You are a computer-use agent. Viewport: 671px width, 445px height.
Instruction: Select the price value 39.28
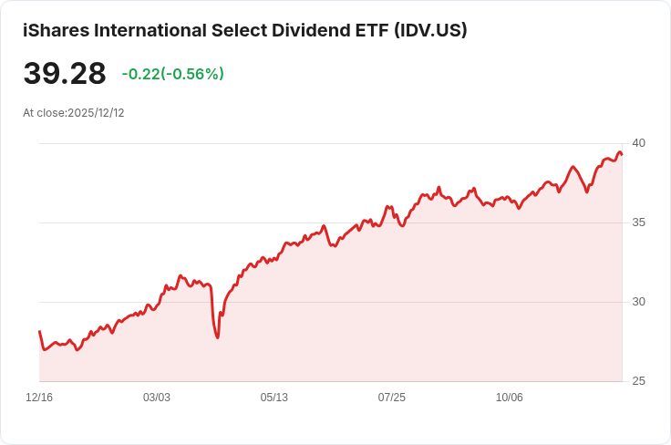click(x=65, y=74)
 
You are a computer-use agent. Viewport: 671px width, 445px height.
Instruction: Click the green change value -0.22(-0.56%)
click(x=173, y=74)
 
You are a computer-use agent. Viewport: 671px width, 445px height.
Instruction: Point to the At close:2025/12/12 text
click(x=74, y=113)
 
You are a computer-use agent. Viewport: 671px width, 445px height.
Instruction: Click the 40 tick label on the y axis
click(x=638, y=143)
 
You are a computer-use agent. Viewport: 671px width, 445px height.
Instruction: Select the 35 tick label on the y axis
click(x=638, y=222)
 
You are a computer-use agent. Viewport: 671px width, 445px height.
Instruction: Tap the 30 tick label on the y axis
click(x=638, y=302)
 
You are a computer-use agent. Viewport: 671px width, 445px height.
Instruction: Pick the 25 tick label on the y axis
click(x=638, y=381)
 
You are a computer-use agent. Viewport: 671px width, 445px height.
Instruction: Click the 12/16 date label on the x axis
click(x=39, y=398)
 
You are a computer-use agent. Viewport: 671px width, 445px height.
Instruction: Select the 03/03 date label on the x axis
click(x=157, y=398)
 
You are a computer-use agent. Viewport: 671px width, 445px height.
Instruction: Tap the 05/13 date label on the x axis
click(x=274, y=398)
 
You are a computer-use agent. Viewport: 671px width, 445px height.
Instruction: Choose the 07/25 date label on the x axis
click(x=392, y=398)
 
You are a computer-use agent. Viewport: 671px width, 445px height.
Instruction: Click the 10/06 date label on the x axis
click(x=510, y=398)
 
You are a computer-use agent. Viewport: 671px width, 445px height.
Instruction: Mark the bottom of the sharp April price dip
click(x=217, y=337)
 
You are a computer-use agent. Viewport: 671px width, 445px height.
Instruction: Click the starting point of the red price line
click(x=39, y=332)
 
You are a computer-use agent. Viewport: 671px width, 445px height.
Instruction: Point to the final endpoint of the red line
click(x=622, y=154)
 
